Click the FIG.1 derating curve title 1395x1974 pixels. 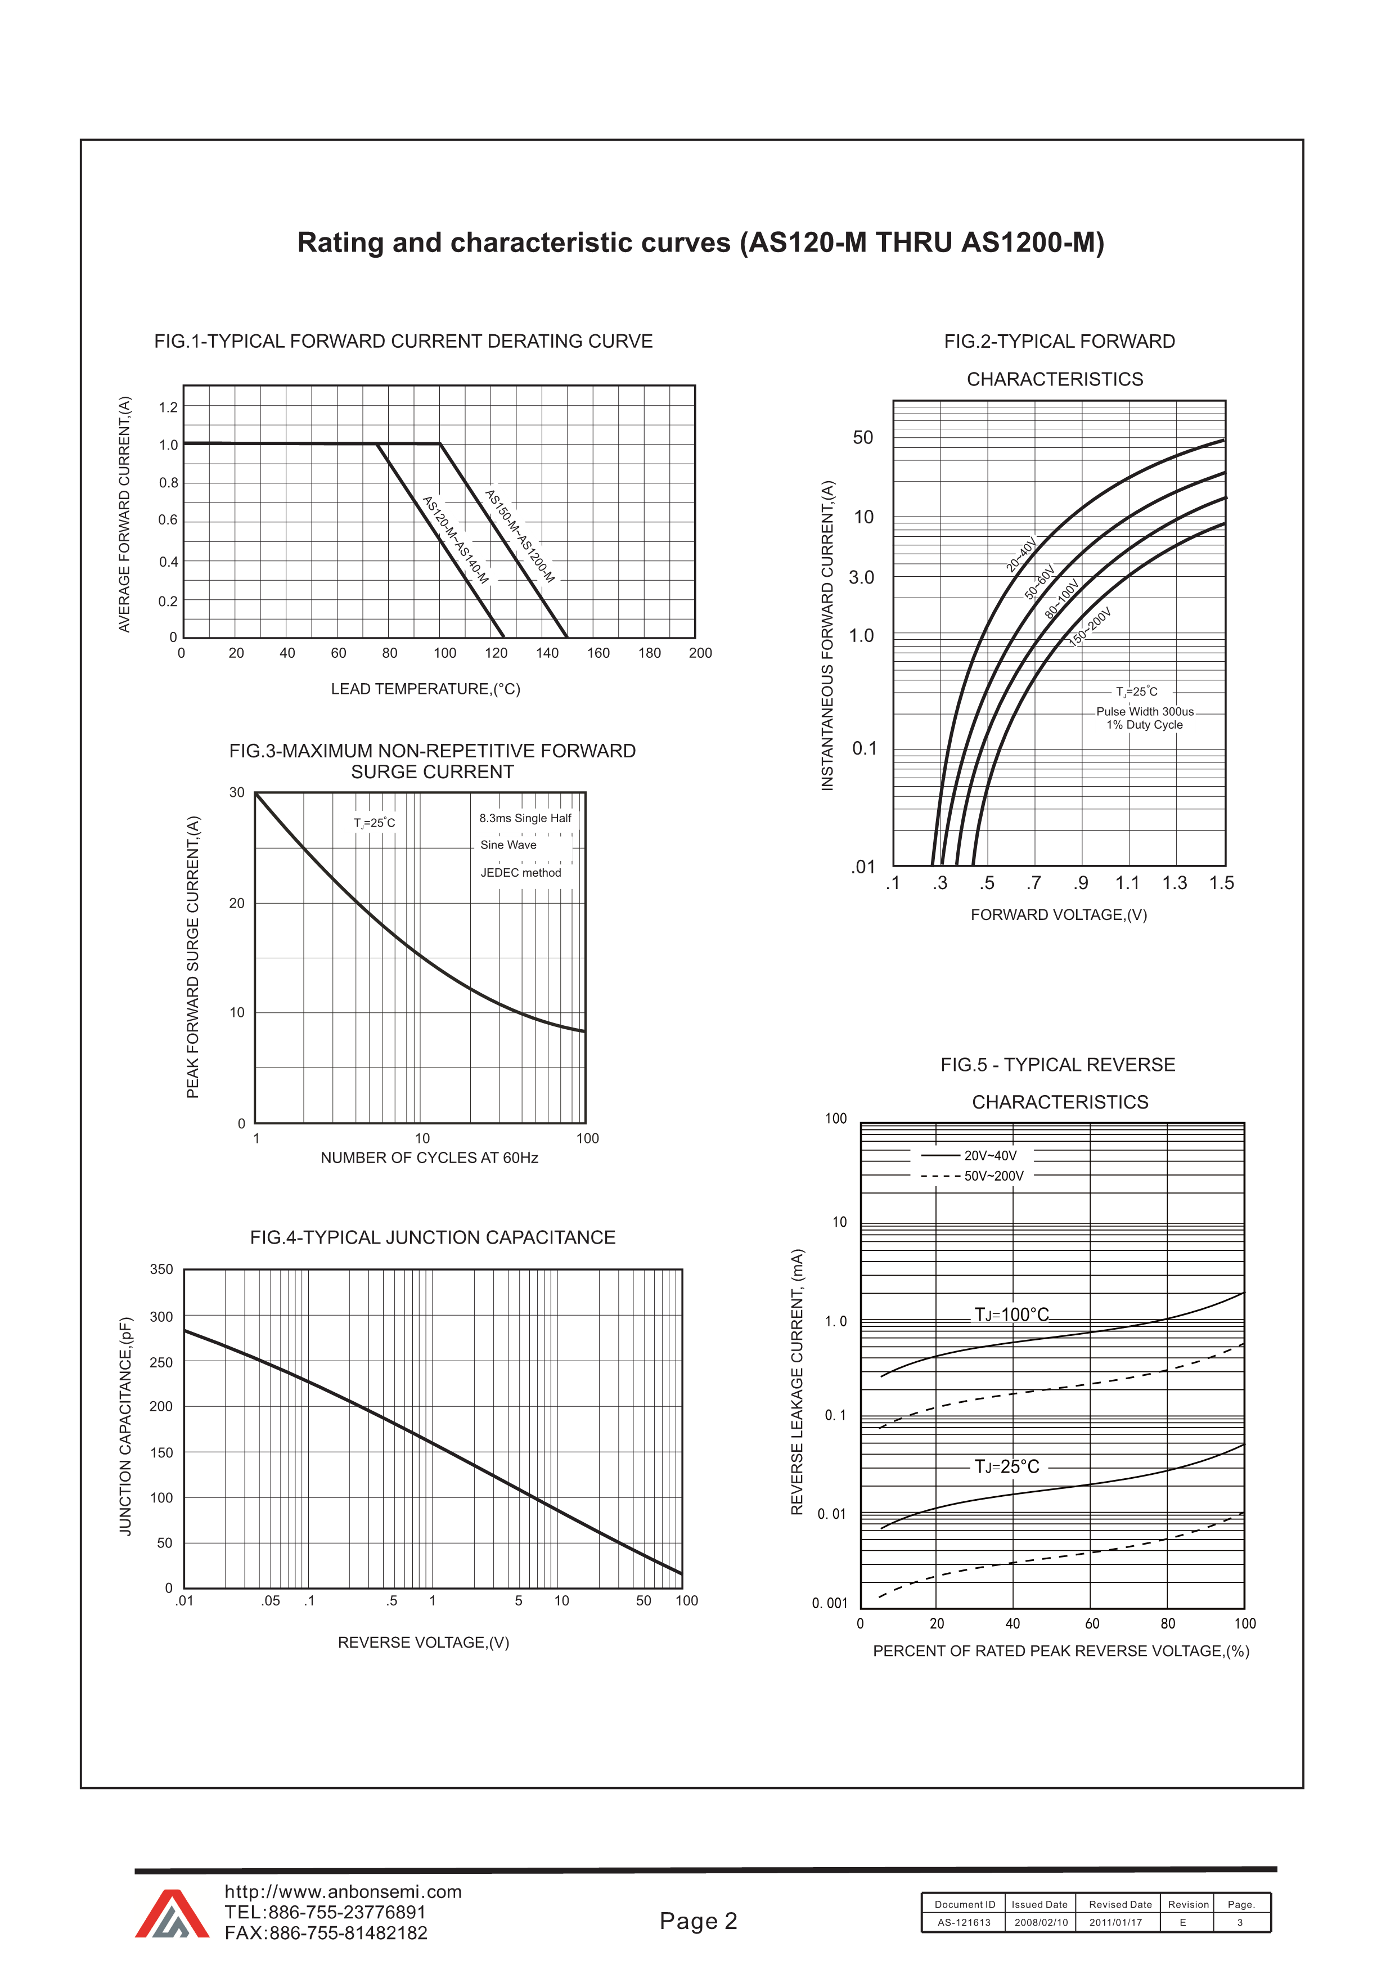click(x=403, y=342)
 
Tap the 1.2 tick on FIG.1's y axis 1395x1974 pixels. click(x=168, y=407)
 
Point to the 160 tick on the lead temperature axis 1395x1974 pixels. click(x=598, y=653)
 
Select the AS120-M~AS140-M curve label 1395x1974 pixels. click(x=456, y=540)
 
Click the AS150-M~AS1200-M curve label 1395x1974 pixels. click(x=520, y=536)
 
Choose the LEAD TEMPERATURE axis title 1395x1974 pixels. click(x=425, y=689)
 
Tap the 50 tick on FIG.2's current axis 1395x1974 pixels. click(x=862, y=438)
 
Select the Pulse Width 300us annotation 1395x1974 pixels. click(x=1144, y=712)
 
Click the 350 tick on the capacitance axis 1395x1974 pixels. click(x=161, y=1269)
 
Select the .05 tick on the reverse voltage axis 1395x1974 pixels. click(x=271, y=1601)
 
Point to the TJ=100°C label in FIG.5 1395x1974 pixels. click(x=1011, y=1314)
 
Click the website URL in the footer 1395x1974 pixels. click(x=343, y=1891)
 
